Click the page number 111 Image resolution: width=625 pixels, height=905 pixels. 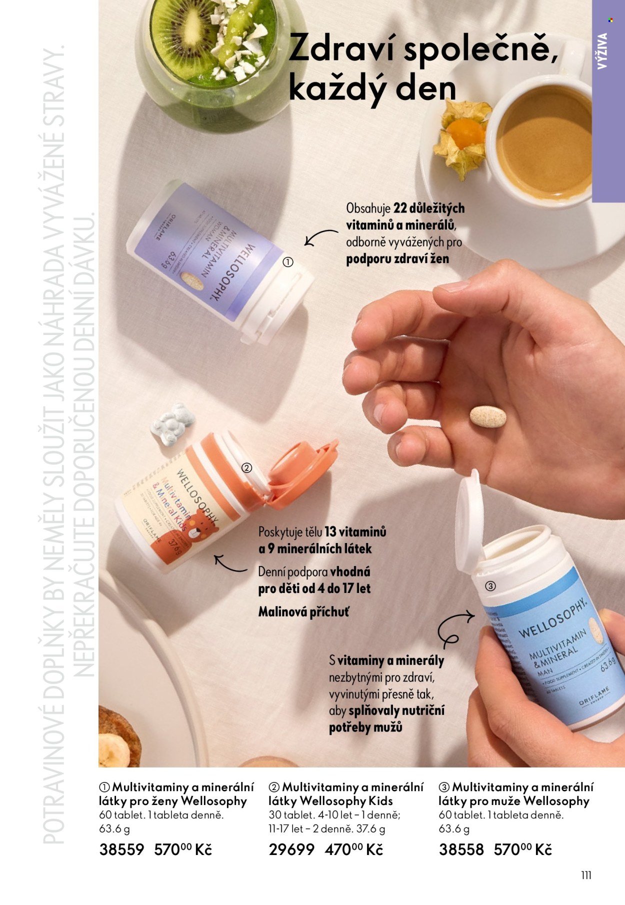586,875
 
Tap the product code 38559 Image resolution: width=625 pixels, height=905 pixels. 121,849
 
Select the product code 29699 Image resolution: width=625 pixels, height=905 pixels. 291,849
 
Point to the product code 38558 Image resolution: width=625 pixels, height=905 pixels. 461,849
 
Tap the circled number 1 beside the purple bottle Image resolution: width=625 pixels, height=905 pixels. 288,262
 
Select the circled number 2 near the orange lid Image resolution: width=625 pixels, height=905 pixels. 246,468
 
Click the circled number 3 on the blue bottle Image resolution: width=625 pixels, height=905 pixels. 490,586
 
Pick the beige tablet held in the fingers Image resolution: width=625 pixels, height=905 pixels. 487,416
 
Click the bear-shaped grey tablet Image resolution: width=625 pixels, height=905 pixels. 173,424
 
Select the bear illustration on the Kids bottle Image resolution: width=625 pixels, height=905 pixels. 203,529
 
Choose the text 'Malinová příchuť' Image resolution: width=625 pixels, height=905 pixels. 303,611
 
